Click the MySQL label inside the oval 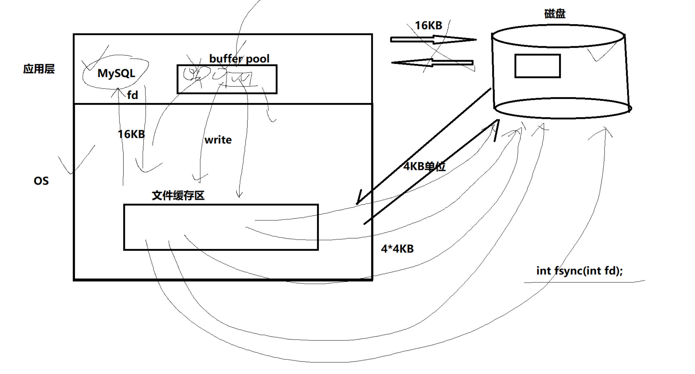[116, 74]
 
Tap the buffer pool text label [239, 59]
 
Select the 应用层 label [39, 69]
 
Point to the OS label [41, 181]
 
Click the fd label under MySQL [132, 95]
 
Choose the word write [218, 140]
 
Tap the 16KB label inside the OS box [131, 134]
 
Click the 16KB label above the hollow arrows [428, 26]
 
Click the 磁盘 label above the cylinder [555, 14]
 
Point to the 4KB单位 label [424, 166]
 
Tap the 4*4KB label [397, 249]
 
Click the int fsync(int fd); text [579, 271]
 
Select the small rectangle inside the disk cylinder [537, 66]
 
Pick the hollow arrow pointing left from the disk [432, 63]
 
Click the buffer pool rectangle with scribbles [227, 79]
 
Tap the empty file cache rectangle [221, 227]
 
